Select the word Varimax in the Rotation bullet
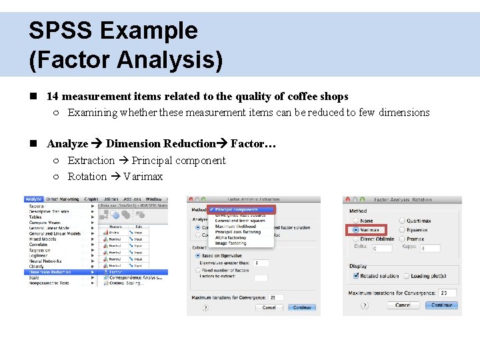click(x=143, y=177)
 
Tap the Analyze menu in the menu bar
click(x=33, y=199)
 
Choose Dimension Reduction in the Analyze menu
click(x=51, y=272)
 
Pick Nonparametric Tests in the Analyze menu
click(x=50, y=283)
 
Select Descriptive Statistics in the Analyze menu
click(x=49, y=211)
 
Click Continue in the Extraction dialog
click(x=302, y=308)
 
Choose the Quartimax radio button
click(x=402, y=221)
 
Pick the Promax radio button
click(x=402, y=239)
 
